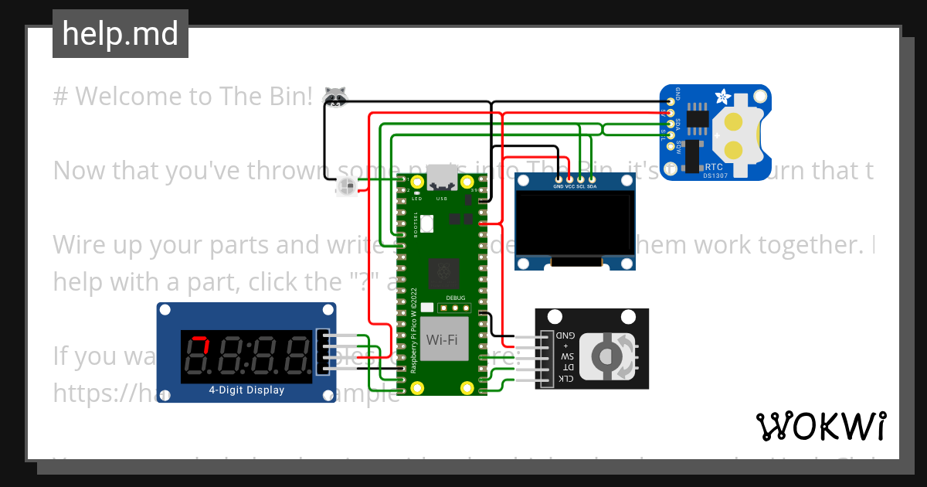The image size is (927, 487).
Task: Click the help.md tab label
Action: (x=121, y=34)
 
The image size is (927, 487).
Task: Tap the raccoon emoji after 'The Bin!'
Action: (x=334, y=97)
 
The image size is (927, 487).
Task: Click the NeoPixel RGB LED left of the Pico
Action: (x=347, y=186)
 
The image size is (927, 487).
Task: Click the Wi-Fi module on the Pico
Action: (x=446, y=339)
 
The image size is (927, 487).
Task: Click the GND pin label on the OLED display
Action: (x=558, y=186)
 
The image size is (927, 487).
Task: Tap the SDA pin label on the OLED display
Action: (x=592, y=186)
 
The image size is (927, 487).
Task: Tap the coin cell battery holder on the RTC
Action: (x=735, y=134)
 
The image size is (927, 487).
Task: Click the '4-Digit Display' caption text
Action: (x=246, y=390)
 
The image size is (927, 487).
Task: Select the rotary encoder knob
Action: (x=606, y=356)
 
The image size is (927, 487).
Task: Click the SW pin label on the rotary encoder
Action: (x=567, y=356)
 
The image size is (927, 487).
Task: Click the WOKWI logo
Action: (x=821, y=426)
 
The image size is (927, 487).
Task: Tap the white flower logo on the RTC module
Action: (x=723, y=98)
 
